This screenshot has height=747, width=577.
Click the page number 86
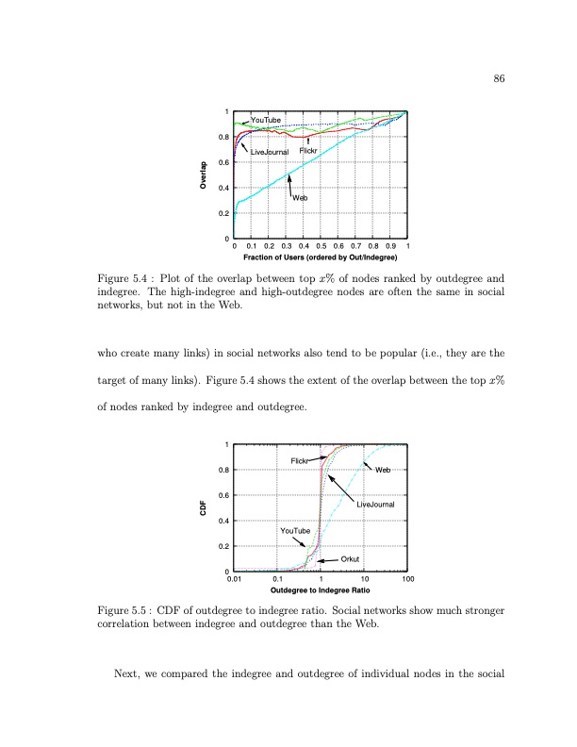(501, 79)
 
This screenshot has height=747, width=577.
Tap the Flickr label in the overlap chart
(309, 150)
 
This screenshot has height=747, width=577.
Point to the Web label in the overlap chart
(300, 197)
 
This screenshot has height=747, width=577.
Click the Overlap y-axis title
(204, 176)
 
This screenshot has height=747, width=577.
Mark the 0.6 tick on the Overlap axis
(223, 163)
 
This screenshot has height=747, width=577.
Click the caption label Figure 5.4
(125, 278)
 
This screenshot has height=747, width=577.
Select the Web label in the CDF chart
(383, 470)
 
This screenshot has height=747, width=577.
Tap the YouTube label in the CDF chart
(295, 532)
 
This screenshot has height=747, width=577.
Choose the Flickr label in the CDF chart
(301, 459)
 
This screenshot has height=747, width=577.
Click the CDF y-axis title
(204, 509)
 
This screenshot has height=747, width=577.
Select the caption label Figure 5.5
(125, 610)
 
